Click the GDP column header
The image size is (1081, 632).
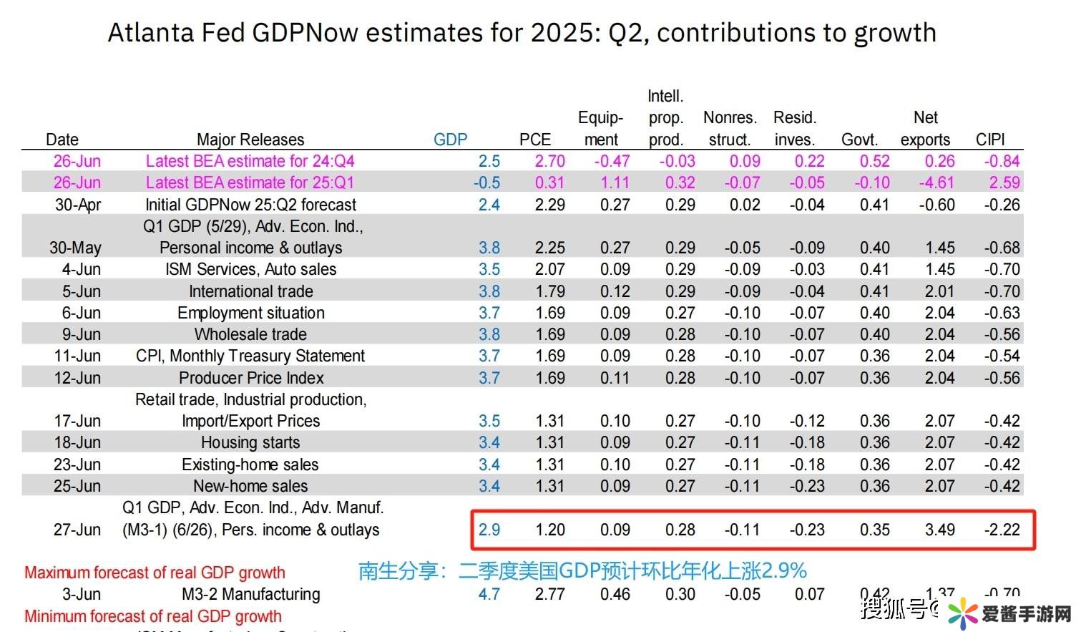450,140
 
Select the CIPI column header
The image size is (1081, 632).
990,140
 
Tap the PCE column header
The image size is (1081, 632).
535,140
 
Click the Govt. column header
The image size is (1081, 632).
859,140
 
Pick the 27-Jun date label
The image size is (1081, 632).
77,530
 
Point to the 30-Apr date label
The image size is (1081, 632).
78,205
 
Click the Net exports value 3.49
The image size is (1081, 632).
939,530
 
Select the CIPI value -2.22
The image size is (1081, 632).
1002,530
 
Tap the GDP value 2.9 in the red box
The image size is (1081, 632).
489,530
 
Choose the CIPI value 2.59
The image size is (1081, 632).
1004,183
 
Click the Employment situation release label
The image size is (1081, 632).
251,313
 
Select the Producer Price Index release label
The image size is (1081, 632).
251,378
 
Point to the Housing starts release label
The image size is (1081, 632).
250,442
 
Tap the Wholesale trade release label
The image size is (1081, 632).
250,334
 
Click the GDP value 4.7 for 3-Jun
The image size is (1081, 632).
489,594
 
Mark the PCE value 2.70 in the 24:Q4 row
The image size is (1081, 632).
549,161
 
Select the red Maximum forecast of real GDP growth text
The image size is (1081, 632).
155,573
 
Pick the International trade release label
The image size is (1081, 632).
251,291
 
